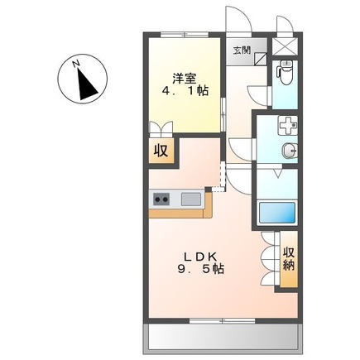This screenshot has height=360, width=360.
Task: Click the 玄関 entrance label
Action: [242, 50]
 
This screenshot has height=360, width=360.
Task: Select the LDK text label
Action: [200, 257]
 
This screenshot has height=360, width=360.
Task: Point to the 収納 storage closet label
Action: [289, 259]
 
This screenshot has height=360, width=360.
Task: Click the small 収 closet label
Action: [161, 151]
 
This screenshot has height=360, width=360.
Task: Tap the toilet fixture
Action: [285, 72]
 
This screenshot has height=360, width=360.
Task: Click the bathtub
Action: [277, 213]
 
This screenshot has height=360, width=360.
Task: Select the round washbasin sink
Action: [290, 151]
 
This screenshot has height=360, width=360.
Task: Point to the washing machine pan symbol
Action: [288, 126]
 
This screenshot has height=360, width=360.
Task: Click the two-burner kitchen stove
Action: [161, 199]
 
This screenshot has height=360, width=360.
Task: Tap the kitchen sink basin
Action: [190, 199]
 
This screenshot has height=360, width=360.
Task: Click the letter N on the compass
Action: [76, 64]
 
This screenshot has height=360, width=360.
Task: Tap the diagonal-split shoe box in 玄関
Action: [260, 59]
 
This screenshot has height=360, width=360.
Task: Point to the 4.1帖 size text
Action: [185, 91]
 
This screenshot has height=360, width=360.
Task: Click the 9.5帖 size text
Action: [200, 269]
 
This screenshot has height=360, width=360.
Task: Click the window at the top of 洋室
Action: [185, 35]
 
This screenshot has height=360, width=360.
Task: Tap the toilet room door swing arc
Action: [256, 94]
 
